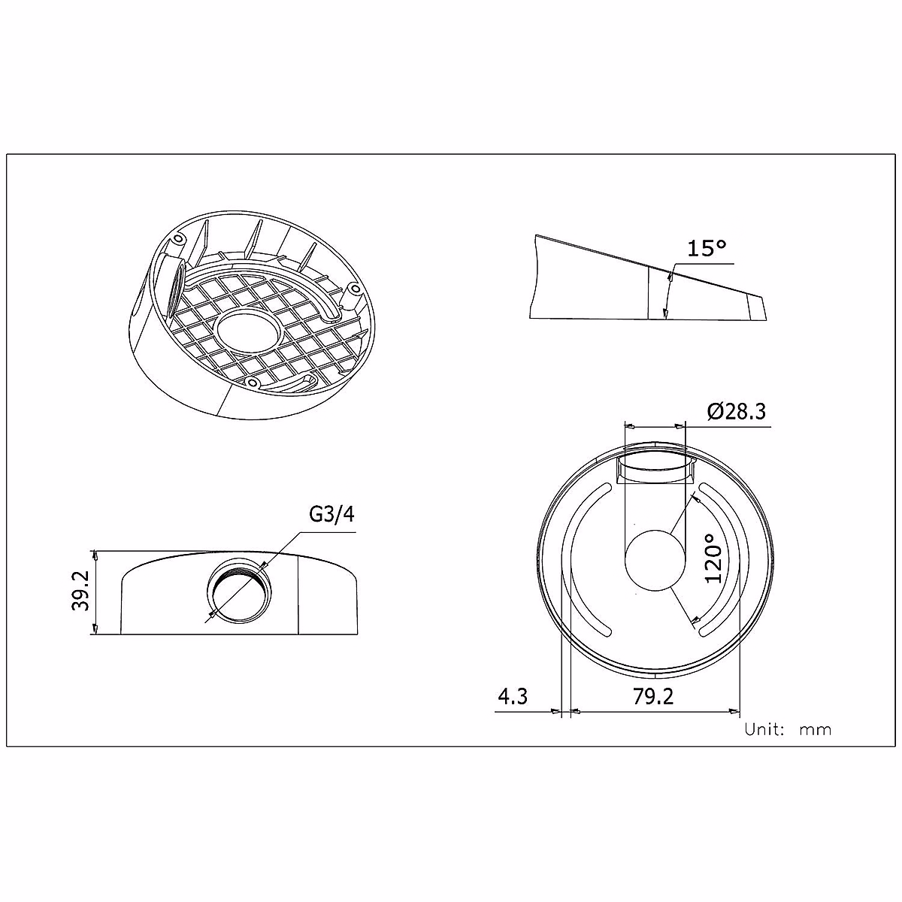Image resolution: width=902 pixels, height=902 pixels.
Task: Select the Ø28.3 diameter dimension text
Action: click(x=737, y=412)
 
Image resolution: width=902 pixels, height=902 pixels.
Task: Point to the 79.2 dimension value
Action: click(x=652, y=696)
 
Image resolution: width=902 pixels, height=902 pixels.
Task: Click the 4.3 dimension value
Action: click(x=513, y=696)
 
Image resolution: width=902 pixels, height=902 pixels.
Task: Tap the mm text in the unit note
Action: click(x=816, y=730)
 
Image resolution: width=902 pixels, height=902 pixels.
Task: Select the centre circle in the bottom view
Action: click(x=655, y=560)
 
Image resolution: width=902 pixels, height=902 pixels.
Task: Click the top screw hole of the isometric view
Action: click(x=177, y=239)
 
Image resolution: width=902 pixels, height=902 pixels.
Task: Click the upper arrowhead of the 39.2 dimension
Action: click(x=95, y=554)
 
